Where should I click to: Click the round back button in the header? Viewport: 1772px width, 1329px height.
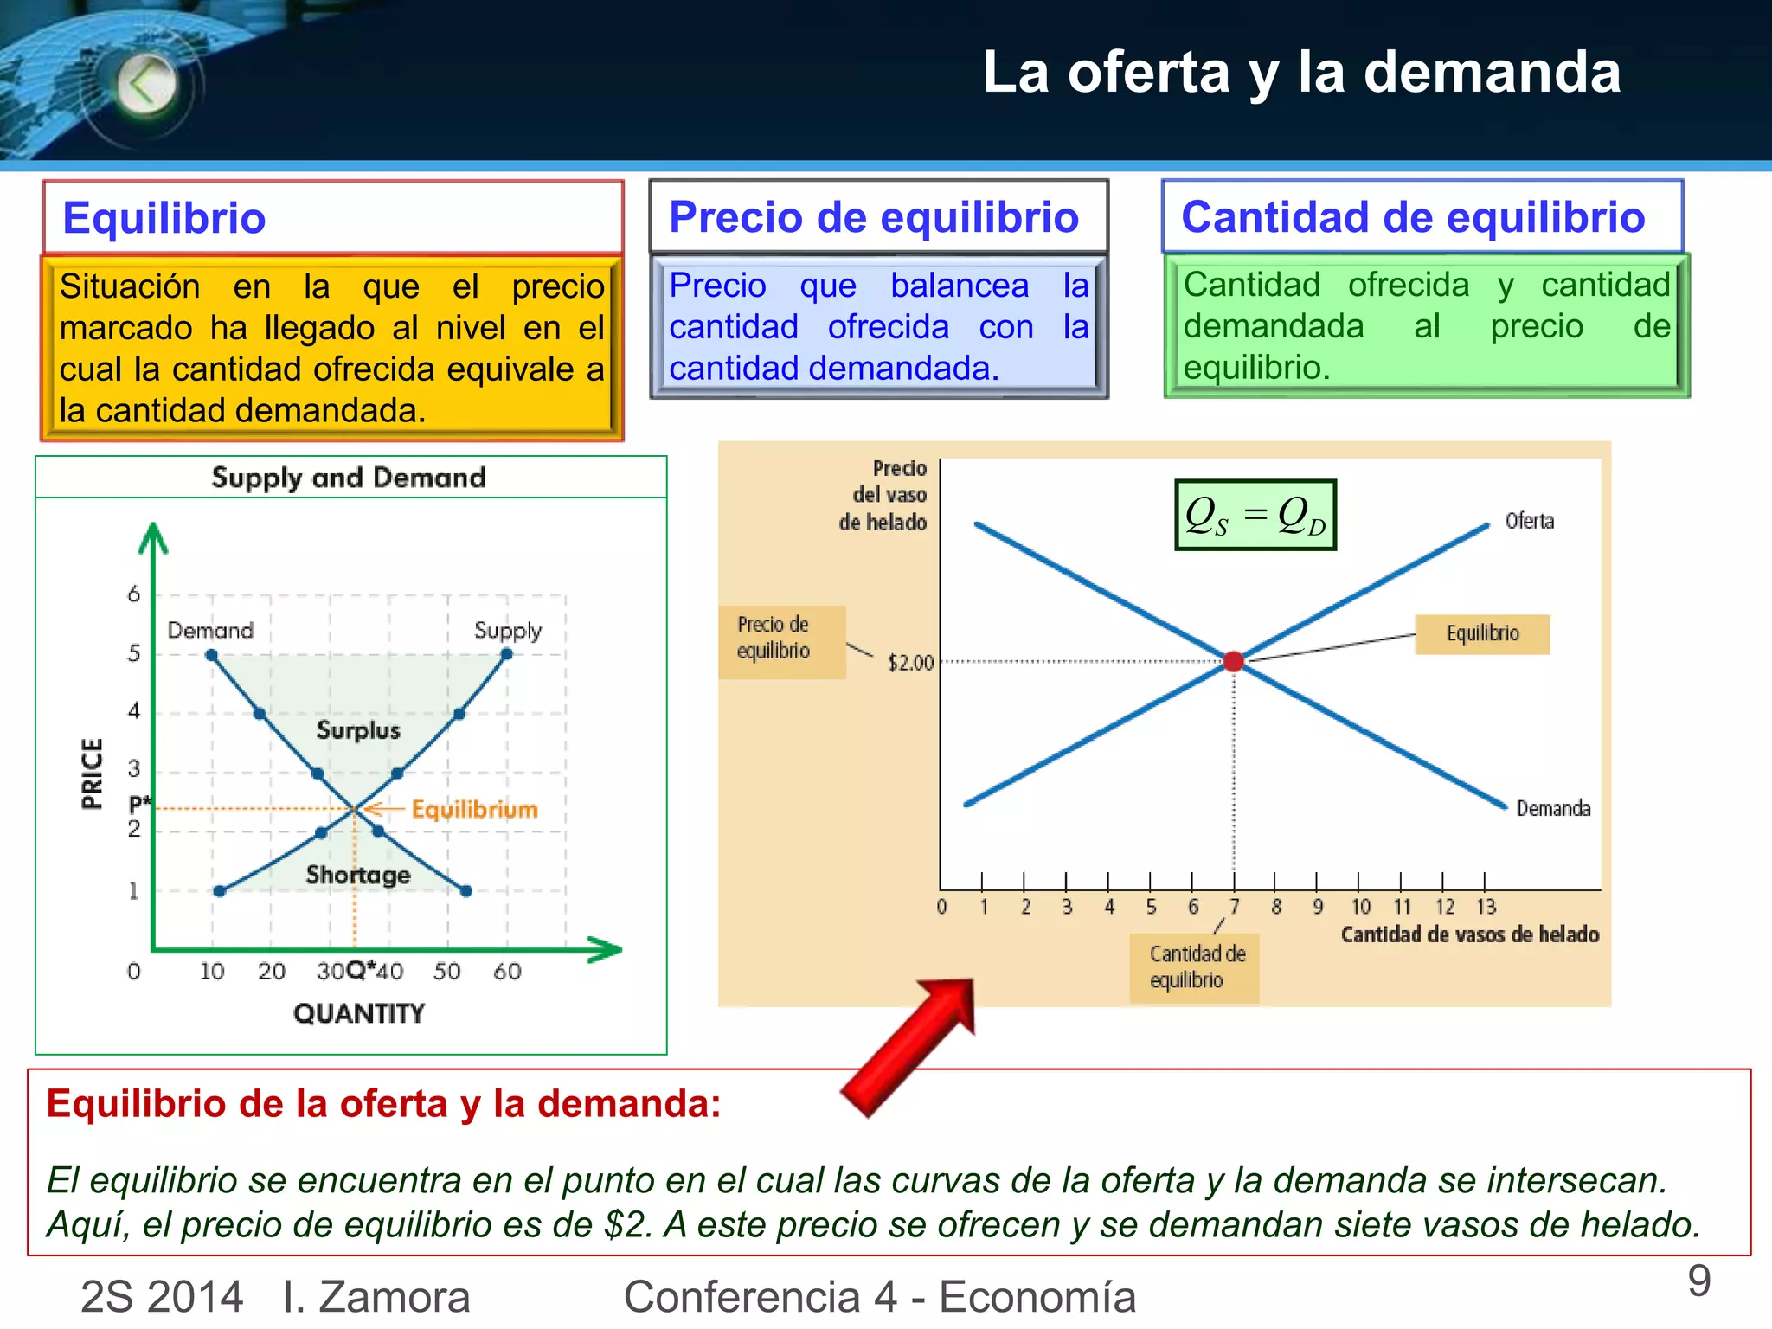146,85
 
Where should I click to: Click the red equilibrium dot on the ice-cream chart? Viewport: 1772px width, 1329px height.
1234,662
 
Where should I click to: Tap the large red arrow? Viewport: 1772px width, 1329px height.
908,1047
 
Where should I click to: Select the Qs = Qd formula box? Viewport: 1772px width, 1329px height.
1255,515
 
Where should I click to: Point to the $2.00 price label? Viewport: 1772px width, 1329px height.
911,663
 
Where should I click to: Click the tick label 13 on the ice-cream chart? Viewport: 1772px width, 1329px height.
1486,907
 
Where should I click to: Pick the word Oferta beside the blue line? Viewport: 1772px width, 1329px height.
1529,521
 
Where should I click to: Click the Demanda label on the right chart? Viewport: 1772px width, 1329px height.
1553,808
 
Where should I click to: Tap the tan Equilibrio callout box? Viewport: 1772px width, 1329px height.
1482,633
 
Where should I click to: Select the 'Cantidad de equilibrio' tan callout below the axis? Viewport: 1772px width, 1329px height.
1195,967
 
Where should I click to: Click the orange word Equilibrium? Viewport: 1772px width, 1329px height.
474,809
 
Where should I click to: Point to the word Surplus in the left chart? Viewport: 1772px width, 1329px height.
358,730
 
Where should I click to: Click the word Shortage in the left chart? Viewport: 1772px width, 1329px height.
358,875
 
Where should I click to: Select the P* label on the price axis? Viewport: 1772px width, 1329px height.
138,802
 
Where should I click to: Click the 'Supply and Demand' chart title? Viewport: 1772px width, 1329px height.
349,478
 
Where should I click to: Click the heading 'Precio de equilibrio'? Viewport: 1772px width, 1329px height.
874,217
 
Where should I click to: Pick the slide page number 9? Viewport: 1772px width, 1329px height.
1699,1281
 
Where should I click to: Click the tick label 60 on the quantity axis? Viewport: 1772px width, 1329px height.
507,972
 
